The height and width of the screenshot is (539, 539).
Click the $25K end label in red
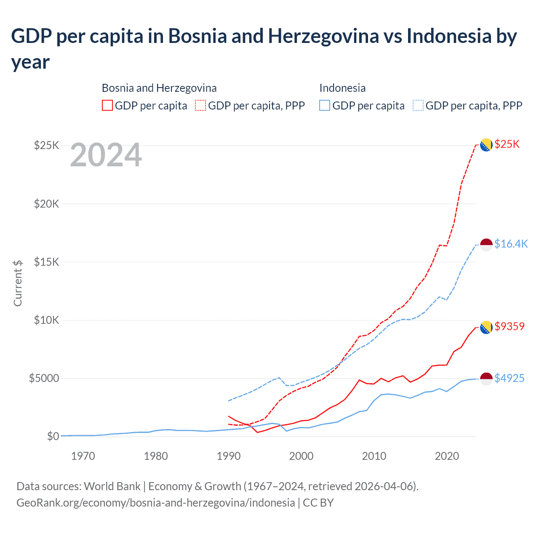tap(507, 144)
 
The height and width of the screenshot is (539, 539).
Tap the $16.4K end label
tap(511, 244)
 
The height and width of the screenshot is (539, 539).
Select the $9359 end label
tap(510, 326)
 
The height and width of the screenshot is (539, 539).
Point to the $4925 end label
tap(509, 378)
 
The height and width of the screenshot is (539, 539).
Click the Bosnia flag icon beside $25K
tap(486, 145)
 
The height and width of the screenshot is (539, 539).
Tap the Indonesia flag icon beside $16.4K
tap(486, 245)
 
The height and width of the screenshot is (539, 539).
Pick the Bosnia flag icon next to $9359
tap(486, 327)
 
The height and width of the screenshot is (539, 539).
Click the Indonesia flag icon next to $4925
tap(486, 379)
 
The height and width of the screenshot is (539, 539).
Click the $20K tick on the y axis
tap(46, 204)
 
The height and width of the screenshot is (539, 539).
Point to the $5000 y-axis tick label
tap(44, 378)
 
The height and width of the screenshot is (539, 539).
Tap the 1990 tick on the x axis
tap(229, 456)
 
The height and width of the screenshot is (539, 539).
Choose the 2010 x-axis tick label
tap(374, 456)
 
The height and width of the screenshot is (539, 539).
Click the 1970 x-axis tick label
tap(83, 456)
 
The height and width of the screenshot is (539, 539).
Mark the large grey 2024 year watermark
tap(106, 155)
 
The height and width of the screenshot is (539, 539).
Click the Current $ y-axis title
tap(18, 283)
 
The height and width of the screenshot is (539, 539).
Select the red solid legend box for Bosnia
tap(107, 105)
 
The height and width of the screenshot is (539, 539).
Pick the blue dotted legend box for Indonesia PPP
tap(418, 105)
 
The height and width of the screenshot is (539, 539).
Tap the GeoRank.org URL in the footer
tap(155, 503)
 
